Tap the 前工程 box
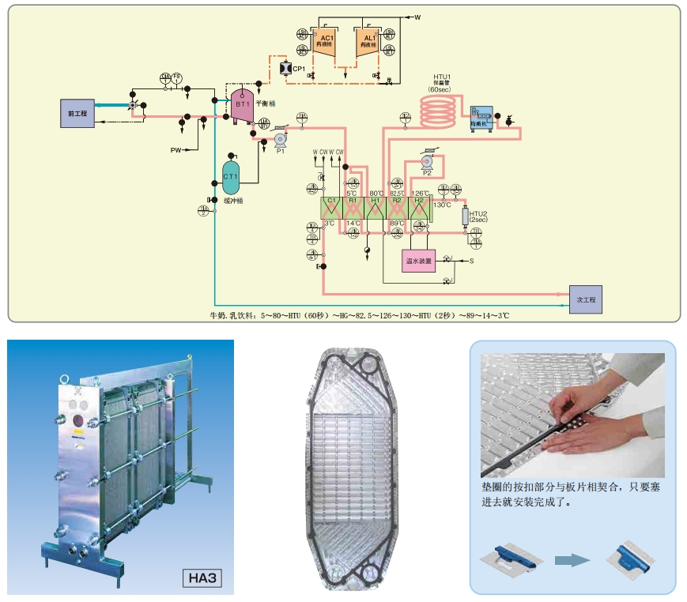click(x=77, y=114)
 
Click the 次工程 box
click(x=586, y=301)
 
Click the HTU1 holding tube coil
click(x=440, y=111)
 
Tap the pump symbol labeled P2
click(x=427, y=165)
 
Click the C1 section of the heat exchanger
click(x=330, y=208)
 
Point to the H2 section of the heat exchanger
click(x=419, y=208)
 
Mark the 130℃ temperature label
click(x=442, y=205)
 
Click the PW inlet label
click(x=176, y=150)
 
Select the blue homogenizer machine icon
click(x=481, y=118)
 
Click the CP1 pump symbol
click(x=285, y=70)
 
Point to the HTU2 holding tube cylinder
click(x=464, y=215)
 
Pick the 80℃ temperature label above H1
click(x=376, y=193)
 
